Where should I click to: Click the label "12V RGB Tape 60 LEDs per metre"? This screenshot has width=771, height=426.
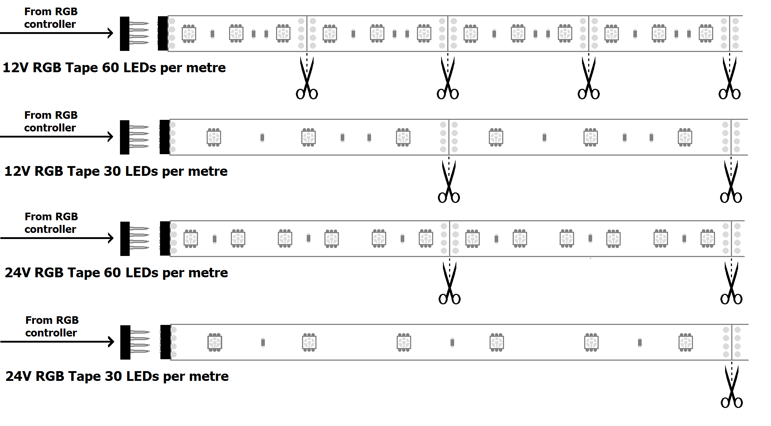(x=114, y=68)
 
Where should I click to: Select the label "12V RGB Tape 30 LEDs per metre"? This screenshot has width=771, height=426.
(x=116, y=171)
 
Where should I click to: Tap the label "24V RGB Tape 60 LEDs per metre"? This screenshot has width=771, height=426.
(x=116, y=273)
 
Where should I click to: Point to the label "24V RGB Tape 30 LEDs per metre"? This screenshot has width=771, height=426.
(x=117, y=377)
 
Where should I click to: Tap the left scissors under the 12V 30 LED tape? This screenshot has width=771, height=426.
(x=449, y=182)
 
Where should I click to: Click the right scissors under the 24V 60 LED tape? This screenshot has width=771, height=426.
(x=731, y=283)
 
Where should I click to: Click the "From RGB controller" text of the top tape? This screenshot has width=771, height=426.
(x=51, y=18)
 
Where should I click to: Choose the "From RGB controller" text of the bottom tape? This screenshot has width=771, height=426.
(x=52, y=327)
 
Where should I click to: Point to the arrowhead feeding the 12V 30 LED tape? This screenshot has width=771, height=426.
(x=111, y=137)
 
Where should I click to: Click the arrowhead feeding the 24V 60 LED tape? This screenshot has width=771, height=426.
(x=111, y=238)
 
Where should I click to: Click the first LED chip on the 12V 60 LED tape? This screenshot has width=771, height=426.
(x=189, y=34)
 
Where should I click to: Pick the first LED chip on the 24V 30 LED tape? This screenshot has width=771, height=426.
(x=215, y=342)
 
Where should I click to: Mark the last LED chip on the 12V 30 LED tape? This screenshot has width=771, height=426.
(x=685, y=137)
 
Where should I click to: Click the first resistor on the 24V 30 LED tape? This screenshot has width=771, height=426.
(x=263, y=342)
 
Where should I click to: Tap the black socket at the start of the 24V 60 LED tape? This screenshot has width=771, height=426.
(x=165, y=239)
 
